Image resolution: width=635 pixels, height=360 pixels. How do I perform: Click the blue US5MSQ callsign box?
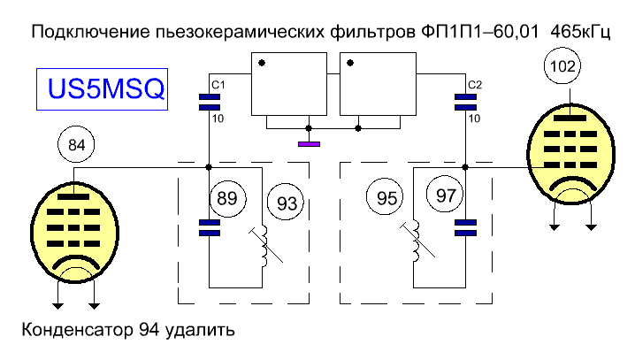coord(102,89)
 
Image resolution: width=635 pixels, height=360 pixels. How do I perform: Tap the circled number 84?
coord(76,144)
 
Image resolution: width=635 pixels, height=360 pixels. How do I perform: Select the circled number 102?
coord(562,65)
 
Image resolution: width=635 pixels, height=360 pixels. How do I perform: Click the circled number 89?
coord(227,198)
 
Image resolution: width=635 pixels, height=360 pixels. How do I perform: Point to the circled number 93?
coord(287,202)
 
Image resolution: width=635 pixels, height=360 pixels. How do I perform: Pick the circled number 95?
coord(385,197)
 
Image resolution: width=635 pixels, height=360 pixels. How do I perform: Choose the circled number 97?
coord(445,195)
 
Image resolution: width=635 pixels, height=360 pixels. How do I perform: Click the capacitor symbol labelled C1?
coord(210,102)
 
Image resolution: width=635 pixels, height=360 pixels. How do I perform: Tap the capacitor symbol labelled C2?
coord(466,102)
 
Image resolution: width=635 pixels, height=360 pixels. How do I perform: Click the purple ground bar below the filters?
coord(309,144)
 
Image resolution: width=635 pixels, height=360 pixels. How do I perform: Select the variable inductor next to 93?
coord(264,246)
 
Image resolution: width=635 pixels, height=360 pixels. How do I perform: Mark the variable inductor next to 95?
coord(417,241)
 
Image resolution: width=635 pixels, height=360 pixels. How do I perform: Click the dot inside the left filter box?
coord(262,63)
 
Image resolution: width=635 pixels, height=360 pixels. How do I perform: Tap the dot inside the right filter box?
coord(350,63)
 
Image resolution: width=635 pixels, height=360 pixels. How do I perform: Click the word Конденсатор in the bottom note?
coord(77,330)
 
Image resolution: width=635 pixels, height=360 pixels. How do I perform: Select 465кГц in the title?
coord(580,32)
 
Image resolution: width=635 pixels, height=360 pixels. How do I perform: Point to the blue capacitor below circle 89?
coord(210,227)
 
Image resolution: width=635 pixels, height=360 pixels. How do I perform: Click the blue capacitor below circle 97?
coord(466,227)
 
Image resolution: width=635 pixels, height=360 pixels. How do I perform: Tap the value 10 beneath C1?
coord(218,119)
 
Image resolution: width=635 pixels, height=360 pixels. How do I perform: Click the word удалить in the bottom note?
coord(200,331)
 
